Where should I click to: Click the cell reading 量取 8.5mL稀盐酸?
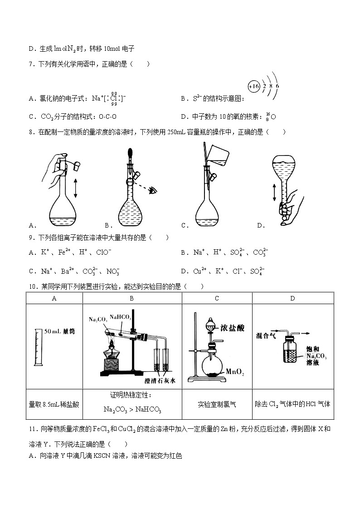pyautogui.click(x=54, y=404)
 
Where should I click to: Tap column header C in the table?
pyautogui.click(x=217, y=298)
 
